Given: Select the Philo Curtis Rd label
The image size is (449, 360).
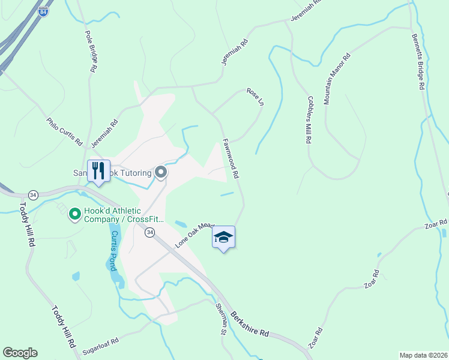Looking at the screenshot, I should [64, 132].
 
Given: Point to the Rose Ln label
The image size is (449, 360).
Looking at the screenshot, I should [255, 97].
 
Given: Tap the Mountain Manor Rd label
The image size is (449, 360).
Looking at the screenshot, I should [337, 80].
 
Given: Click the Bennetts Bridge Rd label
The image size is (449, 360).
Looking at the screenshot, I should [418, 61].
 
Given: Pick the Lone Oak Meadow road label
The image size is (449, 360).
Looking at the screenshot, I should [194, 235].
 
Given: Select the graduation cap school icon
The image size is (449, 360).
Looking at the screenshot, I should [223, 238].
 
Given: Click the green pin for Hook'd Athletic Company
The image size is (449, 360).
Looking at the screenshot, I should [75, 214].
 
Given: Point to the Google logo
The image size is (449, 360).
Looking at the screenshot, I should [20, 353].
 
